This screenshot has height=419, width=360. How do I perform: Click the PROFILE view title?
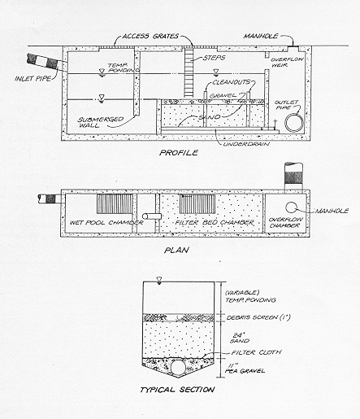point(179,153)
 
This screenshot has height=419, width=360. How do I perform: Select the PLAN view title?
point(176,250)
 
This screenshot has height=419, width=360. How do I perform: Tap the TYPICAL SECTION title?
point(177,390)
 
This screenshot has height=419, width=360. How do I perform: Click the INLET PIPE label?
point(33,79)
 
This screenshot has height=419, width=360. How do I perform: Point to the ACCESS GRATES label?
point(150,36)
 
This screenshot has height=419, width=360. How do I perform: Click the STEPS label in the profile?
point(215,58)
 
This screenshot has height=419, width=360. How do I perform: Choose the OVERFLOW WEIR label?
point(288,62)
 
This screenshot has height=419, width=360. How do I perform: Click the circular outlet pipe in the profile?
point(294,123)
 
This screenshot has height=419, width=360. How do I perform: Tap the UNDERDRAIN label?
point(246,144)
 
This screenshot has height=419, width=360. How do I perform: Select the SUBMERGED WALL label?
point(101,122)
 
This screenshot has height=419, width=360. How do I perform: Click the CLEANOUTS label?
point(231,82)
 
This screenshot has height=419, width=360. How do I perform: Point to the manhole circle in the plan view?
point(290,207)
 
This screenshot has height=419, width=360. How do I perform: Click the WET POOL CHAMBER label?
point(106,223)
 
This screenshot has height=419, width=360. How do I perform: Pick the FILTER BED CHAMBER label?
point(215,223)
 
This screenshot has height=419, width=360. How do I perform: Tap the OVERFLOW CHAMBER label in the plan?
point(286,222)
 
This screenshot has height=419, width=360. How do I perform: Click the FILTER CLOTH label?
point(256,352)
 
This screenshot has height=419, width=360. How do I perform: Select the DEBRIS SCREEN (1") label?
point(258,317)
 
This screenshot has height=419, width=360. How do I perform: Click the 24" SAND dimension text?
point(240,338)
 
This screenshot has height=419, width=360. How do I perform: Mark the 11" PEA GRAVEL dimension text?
point(245,369)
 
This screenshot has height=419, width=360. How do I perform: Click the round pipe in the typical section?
point(178,367)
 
